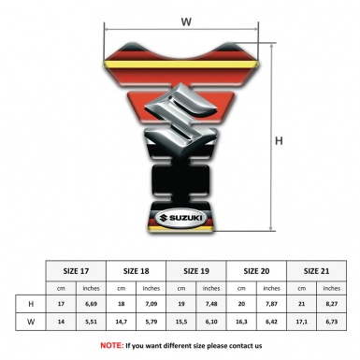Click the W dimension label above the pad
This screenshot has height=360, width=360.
(x=186, y=22)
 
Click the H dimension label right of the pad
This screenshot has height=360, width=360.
(x=279, y=141)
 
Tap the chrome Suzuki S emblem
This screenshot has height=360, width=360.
(x=180, y=121)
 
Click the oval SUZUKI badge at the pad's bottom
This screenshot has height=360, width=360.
(x=180, y=218)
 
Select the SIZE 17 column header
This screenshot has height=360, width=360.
(x=76, y=271)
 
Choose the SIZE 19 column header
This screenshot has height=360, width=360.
(x=196, y=271)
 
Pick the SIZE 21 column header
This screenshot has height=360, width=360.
(x=316, y=271)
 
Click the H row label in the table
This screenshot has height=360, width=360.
(x=31, y=304)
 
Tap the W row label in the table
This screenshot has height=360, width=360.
(x=31, y=322)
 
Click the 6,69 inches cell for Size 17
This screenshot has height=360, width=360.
(x=91, y=304)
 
